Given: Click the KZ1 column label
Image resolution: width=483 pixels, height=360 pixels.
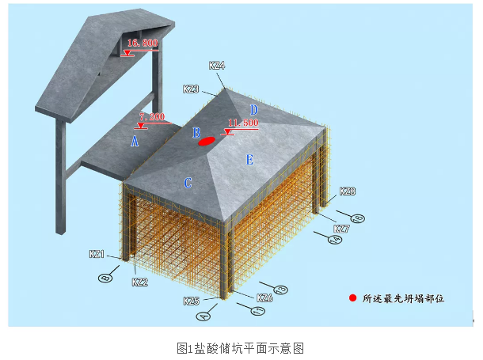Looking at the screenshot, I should pos(97,254).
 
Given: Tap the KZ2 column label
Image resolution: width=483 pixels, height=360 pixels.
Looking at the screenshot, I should pos(139,282).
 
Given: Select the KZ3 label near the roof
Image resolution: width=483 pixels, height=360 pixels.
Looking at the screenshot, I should pos(191,89).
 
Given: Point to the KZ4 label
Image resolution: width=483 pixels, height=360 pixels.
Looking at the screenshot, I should pos(217,66).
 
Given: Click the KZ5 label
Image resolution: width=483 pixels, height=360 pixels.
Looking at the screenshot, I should pos(191,301).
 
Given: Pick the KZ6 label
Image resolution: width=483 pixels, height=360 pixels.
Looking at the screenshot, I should pos(265,297).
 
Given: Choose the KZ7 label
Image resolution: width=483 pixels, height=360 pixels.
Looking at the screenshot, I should pos(340,228).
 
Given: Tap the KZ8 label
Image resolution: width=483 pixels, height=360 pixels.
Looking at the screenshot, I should pos(347,191).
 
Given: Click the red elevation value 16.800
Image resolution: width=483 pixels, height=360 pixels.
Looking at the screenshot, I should pos(143,43).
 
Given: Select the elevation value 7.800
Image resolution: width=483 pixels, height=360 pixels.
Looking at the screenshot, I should pos(151,117).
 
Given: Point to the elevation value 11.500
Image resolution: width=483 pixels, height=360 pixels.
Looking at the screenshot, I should pos(242,123).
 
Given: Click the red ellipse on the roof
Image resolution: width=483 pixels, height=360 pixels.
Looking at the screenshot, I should pos(207,142).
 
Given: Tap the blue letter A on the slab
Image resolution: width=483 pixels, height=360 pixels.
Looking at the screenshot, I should pos(135,142).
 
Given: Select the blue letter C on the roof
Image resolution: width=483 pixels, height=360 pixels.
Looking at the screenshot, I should pos(188,184).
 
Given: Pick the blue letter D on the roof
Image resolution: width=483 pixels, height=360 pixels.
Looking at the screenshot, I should pos(254,110).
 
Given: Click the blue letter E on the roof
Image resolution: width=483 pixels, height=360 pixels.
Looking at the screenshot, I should pos(249,160).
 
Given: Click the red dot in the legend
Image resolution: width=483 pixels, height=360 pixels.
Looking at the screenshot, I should pos(352,298).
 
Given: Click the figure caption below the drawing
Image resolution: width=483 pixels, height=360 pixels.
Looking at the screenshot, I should pos(241,347).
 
